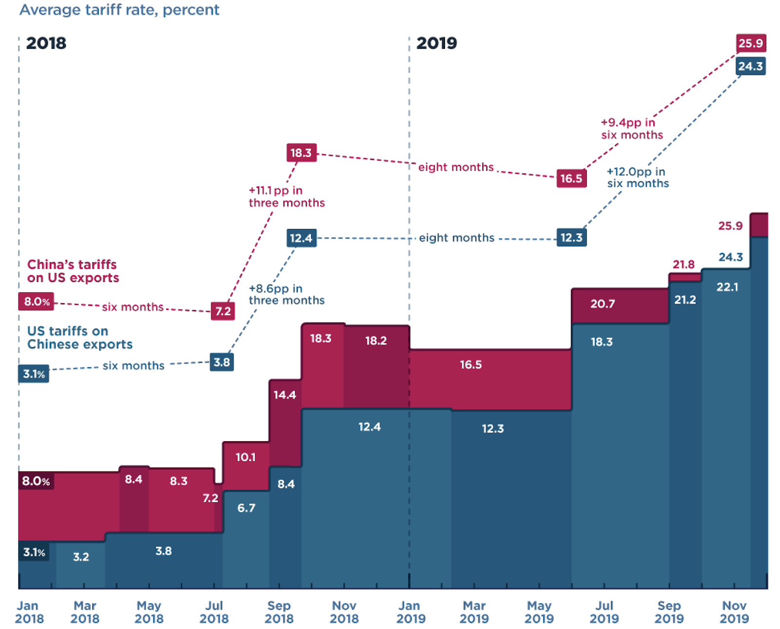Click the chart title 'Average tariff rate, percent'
119,10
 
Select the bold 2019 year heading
436,43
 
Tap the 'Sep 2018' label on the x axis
279,612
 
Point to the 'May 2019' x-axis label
539,612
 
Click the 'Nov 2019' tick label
734,612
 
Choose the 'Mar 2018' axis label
85,612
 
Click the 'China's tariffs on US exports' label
73,271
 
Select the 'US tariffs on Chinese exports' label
79,338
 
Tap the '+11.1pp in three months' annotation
286,197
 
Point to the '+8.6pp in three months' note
286,294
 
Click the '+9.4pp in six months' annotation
632,129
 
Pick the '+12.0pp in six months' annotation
638,178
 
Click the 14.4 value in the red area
285,395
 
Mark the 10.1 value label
246,457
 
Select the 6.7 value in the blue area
246,508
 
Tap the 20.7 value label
603,304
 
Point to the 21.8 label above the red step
683,264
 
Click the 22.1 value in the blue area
727,287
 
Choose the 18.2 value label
376,341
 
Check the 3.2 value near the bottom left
81,557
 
